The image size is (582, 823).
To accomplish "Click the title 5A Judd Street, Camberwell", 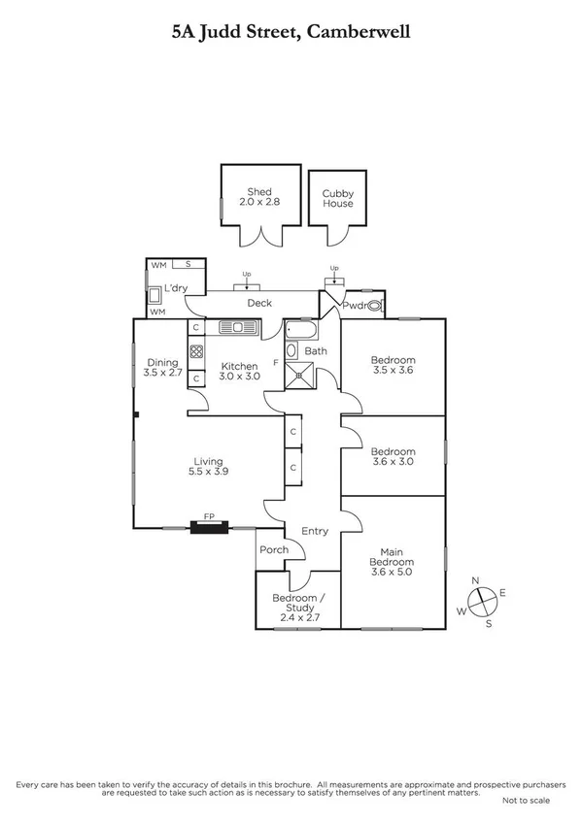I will click(x=291, y=32).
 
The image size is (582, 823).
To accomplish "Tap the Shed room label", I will click(x=258, y=198).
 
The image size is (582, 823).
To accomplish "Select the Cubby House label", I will click(x=338, y=199).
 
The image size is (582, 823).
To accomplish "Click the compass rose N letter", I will click(x=475, y=580).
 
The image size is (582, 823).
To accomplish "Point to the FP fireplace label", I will click(x=208, y=518).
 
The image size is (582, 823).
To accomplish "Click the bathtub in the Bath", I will click(x=302, y=329).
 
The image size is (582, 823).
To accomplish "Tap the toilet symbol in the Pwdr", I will click(x=375, y=305).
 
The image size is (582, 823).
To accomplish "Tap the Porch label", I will click(x=274, y=550).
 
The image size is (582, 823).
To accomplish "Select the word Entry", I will click(x=315, y=531).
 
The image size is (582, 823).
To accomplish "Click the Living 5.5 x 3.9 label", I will click(x=208, y=467).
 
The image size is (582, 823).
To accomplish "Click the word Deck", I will click(x=258, y=304).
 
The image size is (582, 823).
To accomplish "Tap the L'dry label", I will click(x=175, y=288).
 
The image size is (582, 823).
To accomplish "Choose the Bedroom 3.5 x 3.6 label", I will click(x=394, y=365).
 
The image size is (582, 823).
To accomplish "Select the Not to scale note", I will click(x=526, y=802).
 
